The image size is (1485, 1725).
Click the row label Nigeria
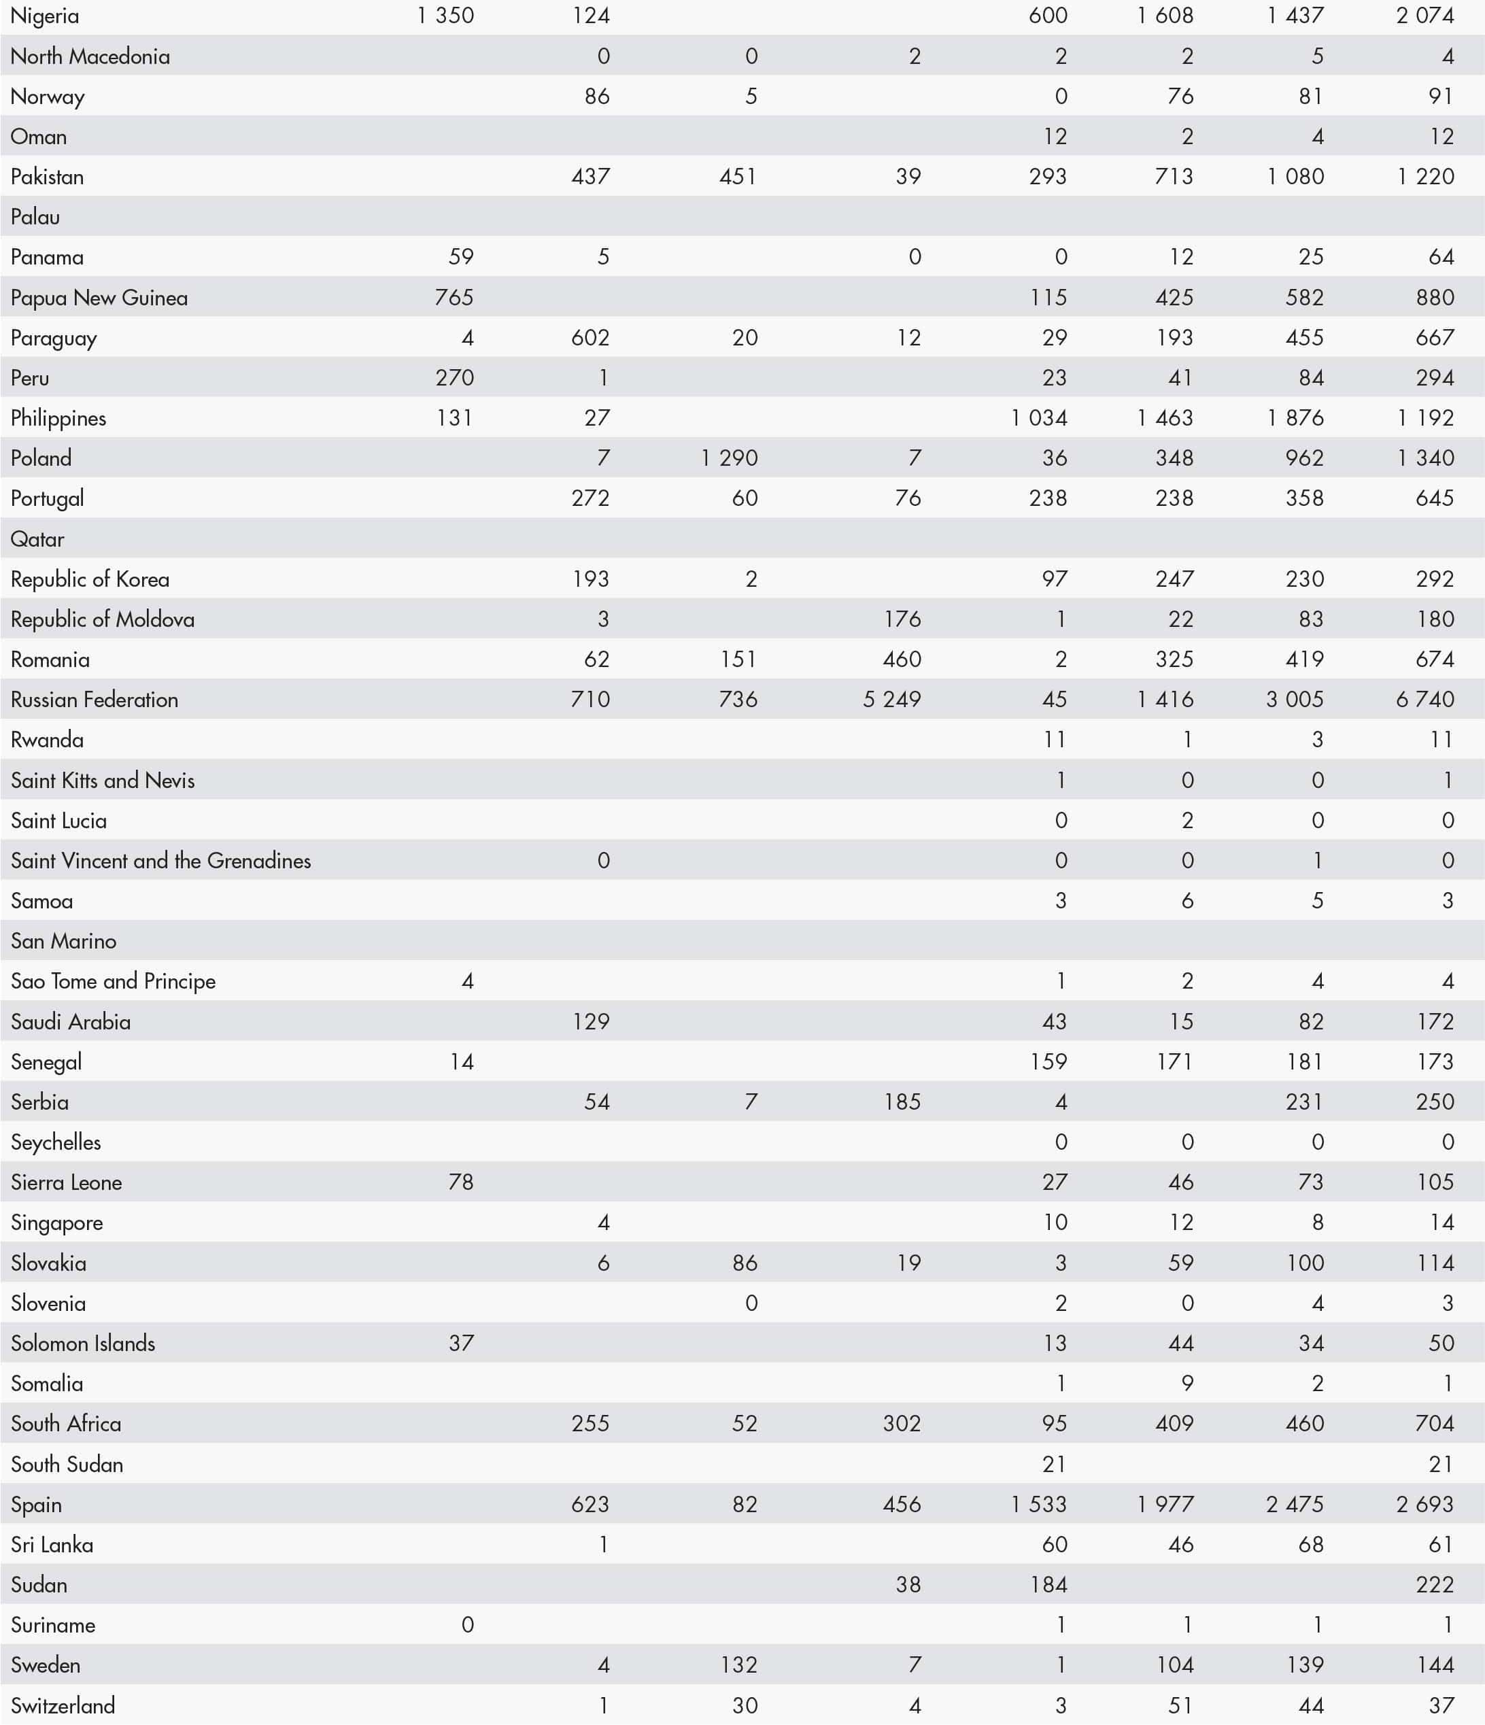pyautogui.click(x=45, y=16)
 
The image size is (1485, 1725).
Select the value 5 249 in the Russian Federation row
pyautogui.click(x=891, y=700)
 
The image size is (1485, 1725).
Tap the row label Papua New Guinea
pyautogui.click(x=99, y=297)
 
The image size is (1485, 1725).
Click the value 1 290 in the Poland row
pyautogui.click(x=729, y=458)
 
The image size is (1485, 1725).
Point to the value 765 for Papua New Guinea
pyautogui.click(x=454, y=297)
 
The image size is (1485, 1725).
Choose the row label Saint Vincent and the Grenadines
pyautogui.click(x=160, y=860)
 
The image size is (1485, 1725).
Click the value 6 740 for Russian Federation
pyautogui.click(x=1425, y=700)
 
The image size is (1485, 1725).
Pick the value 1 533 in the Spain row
pyautogui.click(x=1039, y=1505)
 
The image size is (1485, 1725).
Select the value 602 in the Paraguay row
pyautogui.click(x=590, y=337)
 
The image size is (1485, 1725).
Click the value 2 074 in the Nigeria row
pyautogui.click(x=1425, y=16)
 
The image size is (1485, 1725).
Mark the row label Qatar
pyautogui.click(x=37, y=539)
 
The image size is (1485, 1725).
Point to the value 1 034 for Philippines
pyautogui.click(x=1039, y=418)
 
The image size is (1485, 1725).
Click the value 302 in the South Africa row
pyautogui.click(x=902, y=1424)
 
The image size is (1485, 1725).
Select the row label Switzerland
pyautogui.click(x=63, y=1706)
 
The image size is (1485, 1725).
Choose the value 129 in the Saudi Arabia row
pyautogui.click(x=590, y=1021)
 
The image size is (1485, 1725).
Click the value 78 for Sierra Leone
pyautogui.click(x=460, y=1182)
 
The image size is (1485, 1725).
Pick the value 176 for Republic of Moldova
pyautogui.click(x=902, y=619)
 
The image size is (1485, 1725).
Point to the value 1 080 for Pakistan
pyautogui.click(x=1295, y=177)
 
